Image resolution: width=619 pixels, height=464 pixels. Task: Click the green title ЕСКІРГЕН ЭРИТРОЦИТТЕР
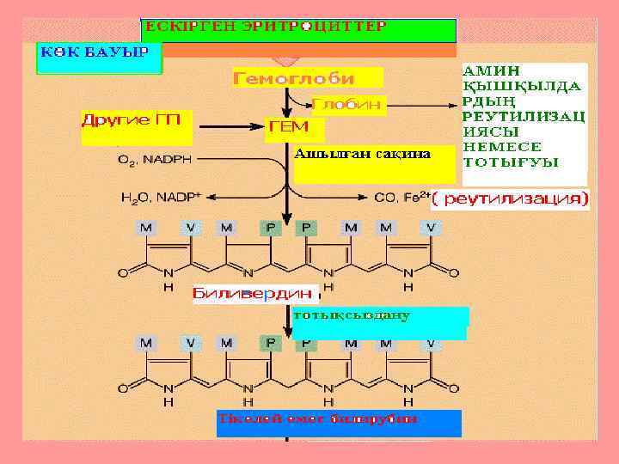[x=266, y=27]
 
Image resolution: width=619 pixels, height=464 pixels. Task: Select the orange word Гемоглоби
[x=293, y=78]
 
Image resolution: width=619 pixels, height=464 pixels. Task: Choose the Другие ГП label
[x=132, y=119]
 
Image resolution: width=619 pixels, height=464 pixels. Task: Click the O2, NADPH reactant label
[x=156, y=160]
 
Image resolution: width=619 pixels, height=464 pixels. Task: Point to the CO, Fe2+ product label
[x=401, y=198]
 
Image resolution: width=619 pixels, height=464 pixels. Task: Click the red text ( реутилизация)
[x=511, y=200]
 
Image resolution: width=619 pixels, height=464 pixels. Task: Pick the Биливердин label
[x=253, y=293]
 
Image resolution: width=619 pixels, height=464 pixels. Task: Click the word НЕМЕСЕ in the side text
[x=498, y=147]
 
